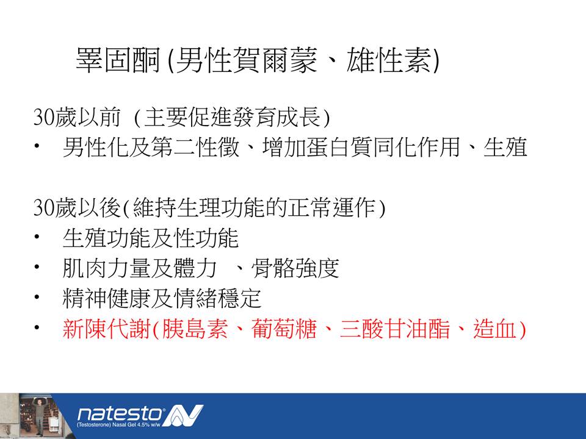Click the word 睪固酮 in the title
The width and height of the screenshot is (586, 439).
coord(118,60)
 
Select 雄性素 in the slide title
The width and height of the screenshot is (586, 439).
coord(388,60)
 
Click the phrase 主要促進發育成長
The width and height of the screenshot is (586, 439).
coord(233,117)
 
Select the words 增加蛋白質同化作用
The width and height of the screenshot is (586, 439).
coord(361,147)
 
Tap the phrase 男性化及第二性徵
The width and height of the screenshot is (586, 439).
coord(151,147)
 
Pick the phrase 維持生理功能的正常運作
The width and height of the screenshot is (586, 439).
coord(255,207)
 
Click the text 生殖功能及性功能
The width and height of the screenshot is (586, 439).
coord(151,238)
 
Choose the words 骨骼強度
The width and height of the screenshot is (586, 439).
coord(295,268)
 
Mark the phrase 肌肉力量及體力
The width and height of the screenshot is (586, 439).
coord(140,268)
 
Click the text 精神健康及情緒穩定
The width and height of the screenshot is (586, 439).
coord(162,299)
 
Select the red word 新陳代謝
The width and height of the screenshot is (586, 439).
coord(106,329)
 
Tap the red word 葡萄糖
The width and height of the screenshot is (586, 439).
coord(284,329)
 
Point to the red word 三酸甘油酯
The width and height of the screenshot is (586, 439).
coord(395,329)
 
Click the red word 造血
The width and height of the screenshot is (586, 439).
coord(496,329)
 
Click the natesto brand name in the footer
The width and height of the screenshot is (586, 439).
coord(120,413)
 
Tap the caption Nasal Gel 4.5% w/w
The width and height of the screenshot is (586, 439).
coord(136,425)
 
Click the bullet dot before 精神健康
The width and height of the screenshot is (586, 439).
coord(37,298)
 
